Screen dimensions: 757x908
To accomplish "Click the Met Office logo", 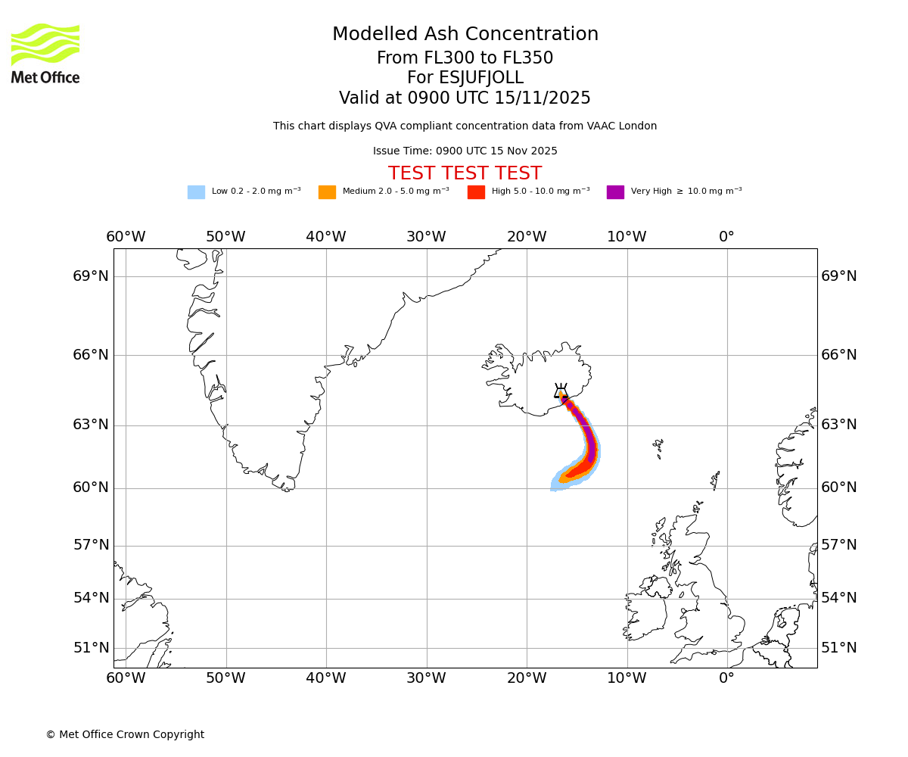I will pos(45,53).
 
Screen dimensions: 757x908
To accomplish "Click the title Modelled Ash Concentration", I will pos(465,34).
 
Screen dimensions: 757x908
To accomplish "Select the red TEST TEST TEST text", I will pos(465,173).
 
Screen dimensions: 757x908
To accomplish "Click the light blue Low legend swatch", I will pos(196,192).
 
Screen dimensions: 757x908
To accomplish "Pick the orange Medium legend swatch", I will pos(327,192).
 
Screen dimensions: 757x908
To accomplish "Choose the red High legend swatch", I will pos(476,192).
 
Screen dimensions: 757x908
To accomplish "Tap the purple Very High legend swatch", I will pos(615,192).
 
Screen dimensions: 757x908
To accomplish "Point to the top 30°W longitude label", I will pos(426,237).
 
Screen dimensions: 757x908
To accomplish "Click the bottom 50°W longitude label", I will pos(225,678).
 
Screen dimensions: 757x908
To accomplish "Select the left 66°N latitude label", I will pos(91,355).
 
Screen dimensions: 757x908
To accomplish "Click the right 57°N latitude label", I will pos(839,545).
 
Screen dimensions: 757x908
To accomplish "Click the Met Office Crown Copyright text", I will pos(125,734).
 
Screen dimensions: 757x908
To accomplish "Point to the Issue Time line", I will pos(465,151).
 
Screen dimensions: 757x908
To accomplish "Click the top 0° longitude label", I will pos(726,237).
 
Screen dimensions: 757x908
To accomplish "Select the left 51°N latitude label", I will pos(91,648).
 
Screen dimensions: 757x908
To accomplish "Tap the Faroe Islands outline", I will pos(658,448).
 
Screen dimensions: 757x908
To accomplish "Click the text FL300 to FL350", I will pos(465,58).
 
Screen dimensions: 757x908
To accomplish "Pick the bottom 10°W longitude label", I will pos(627,678).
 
